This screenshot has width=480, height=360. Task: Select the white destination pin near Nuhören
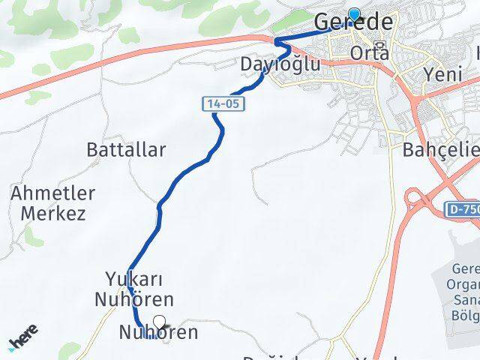click(x=159, y=323)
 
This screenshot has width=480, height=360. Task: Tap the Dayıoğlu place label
click(x=280, y=65)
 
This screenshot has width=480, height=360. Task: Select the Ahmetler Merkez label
click(x=53, y=203)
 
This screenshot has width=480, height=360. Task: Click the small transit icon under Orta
click(x=382, y=46)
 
